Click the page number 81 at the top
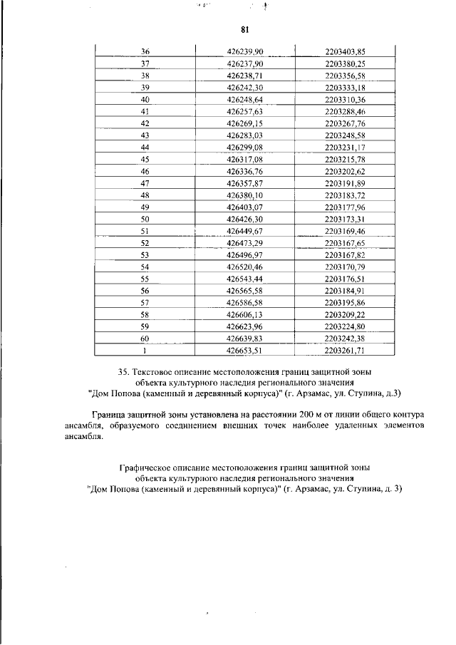click(244, 29)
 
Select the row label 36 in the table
click(145, 51)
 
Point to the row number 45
click(145, 159)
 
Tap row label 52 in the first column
click(145, 243)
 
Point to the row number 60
click(145, 339)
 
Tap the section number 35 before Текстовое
click(121, 371)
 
